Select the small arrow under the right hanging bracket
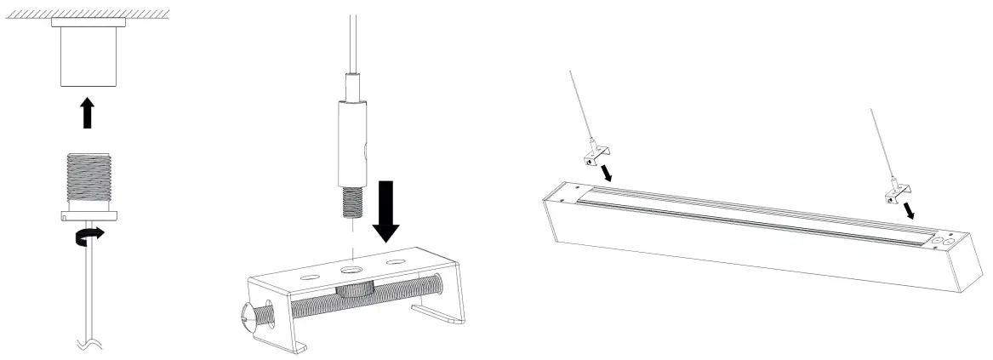(x=911, y=209)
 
